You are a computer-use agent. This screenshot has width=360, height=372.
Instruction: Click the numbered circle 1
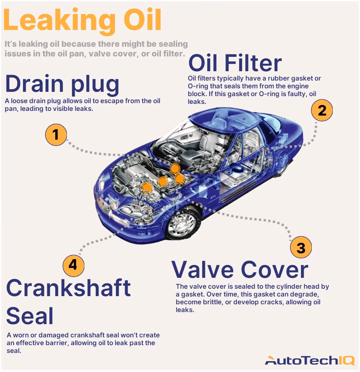pos(56,135)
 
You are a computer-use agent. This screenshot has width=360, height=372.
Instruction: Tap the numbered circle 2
pos(322,111)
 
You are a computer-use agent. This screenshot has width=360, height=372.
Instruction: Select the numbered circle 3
pos(301,247)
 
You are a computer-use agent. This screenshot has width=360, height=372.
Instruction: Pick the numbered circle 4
pos(73,265)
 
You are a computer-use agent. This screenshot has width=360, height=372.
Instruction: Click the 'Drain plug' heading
pos(62,84)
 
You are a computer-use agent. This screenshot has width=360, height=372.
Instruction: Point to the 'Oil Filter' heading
pos(235,63)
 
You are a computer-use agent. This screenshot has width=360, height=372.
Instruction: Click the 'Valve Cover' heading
pos(239,269)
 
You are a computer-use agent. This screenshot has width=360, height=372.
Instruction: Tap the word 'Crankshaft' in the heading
pos(68,288)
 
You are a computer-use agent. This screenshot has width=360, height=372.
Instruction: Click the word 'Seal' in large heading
pos(30,316)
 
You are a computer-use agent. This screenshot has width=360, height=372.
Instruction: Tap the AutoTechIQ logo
pos(309,360)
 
